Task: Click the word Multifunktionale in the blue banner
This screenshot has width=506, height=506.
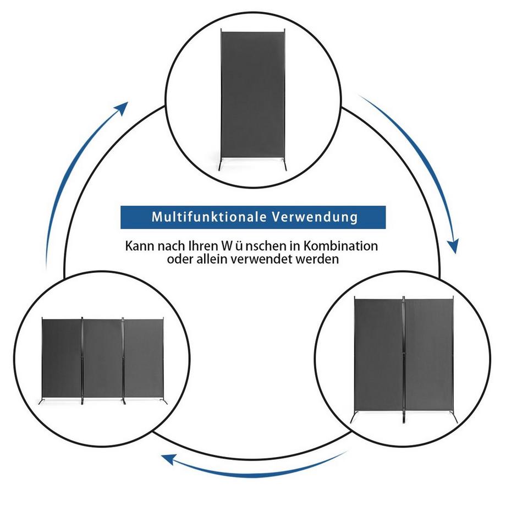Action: (x=207, y=217)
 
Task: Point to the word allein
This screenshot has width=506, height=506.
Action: (x=218, y=258)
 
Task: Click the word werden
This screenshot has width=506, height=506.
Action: (x=318, y=258)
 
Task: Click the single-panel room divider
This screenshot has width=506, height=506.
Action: (x=252, y=94)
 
